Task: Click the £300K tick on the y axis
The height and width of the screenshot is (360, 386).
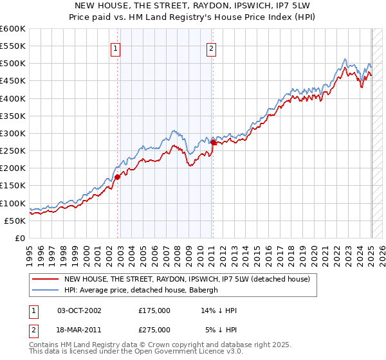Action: (x=12, y=134)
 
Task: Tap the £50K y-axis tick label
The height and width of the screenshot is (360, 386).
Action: (x=15, y=221)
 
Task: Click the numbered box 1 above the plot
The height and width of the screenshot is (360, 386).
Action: (x=115, y=47)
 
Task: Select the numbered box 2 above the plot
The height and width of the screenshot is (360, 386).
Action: (x=211, y=47)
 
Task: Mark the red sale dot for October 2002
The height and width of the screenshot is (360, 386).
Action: (x=118, y=177)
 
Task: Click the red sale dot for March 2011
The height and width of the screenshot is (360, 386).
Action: (x=214, y=143)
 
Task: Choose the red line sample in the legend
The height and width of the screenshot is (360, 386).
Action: (x=45, y=279)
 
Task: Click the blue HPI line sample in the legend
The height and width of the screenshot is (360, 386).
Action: (x=45, y=290)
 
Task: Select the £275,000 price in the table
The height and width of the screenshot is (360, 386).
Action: (x=154, y=330)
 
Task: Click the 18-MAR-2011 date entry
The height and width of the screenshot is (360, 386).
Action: (x=80, y=330)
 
